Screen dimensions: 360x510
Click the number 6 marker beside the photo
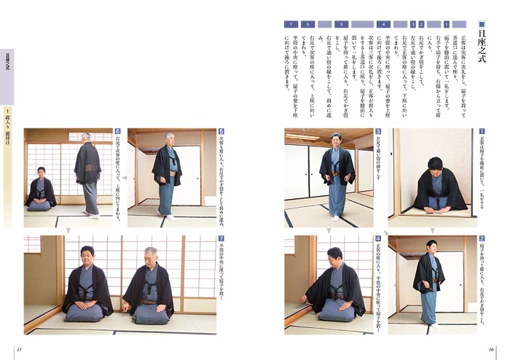coord(117,133)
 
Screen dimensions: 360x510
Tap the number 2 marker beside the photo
coord(482,238)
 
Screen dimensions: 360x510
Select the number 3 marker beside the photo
coord(378,133)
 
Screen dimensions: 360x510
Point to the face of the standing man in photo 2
coord(431,246)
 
